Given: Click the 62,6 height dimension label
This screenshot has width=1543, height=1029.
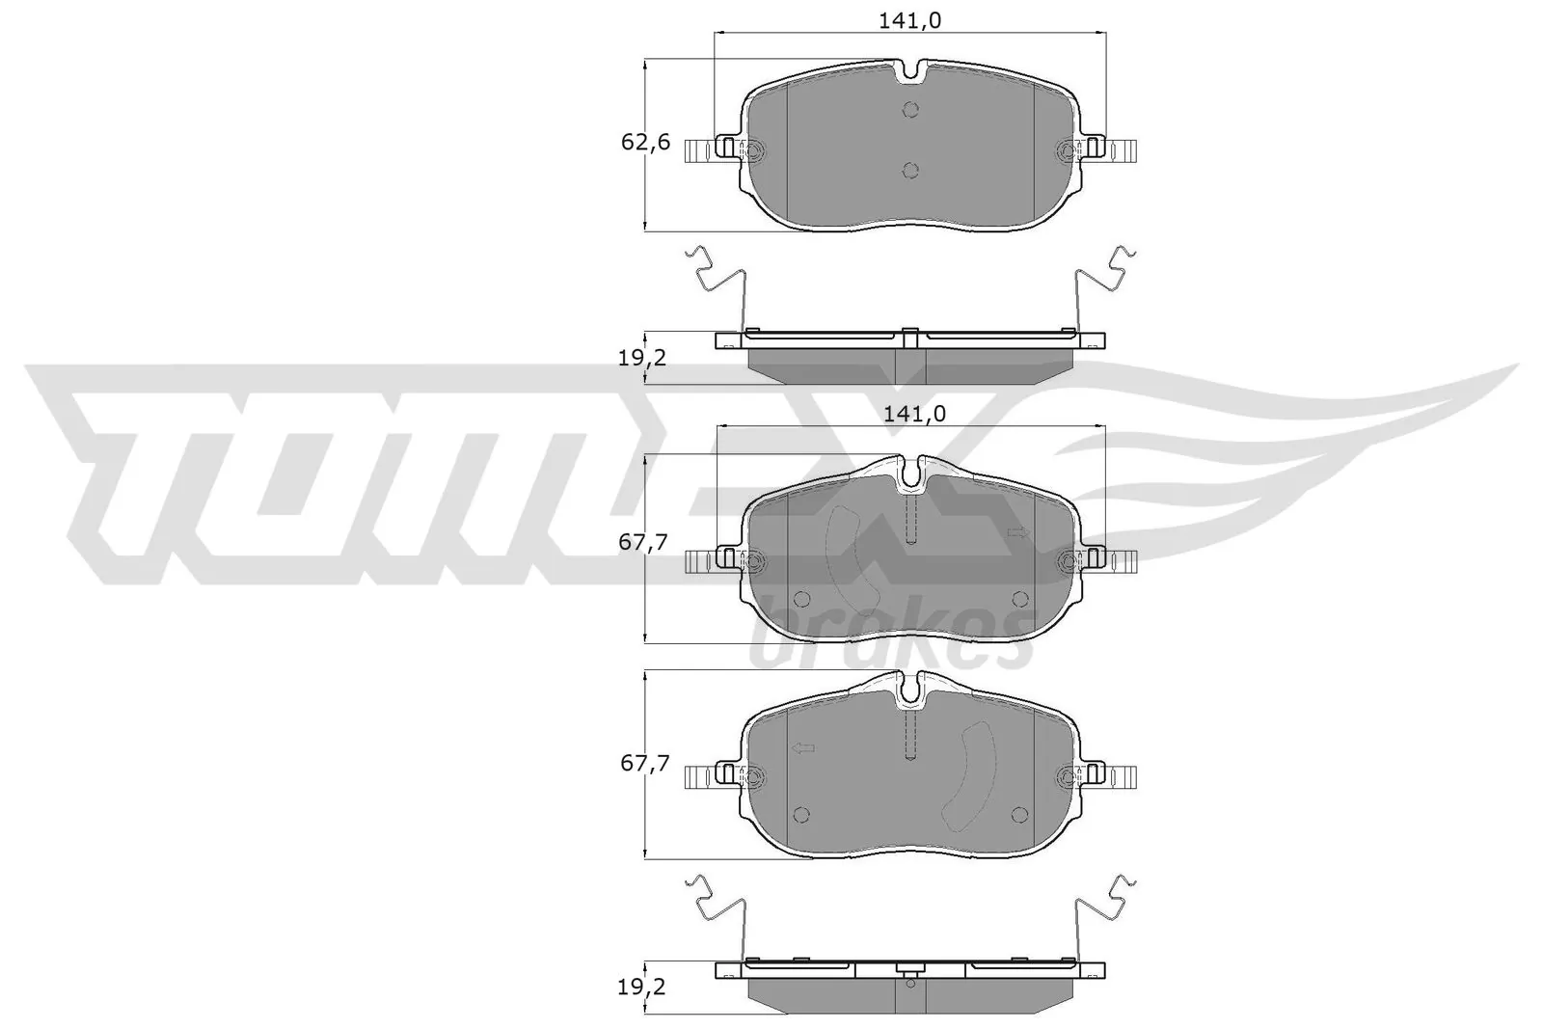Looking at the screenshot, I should point(645,144).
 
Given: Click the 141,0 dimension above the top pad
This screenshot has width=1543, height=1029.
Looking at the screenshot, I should point(911,19).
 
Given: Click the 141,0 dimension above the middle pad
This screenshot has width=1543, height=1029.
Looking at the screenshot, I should point(913,413).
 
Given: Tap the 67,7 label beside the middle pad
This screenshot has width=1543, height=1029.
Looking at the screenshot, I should point(644,542).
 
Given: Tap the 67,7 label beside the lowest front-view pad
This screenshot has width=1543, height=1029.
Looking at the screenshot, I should point(644,763).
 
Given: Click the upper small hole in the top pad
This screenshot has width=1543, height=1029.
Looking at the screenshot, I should point(910,109).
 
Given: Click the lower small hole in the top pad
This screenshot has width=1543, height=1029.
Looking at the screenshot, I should point(910,171).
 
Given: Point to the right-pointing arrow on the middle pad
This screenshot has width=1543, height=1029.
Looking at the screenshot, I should point(1015,532).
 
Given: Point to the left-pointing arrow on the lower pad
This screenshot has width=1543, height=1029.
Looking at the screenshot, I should point(802,748).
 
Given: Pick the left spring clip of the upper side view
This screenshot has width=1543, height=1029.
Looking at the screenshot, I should point(718,280).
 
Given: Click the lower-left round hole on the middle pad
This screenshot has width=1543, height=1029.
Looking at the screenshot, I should point(800,599).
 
